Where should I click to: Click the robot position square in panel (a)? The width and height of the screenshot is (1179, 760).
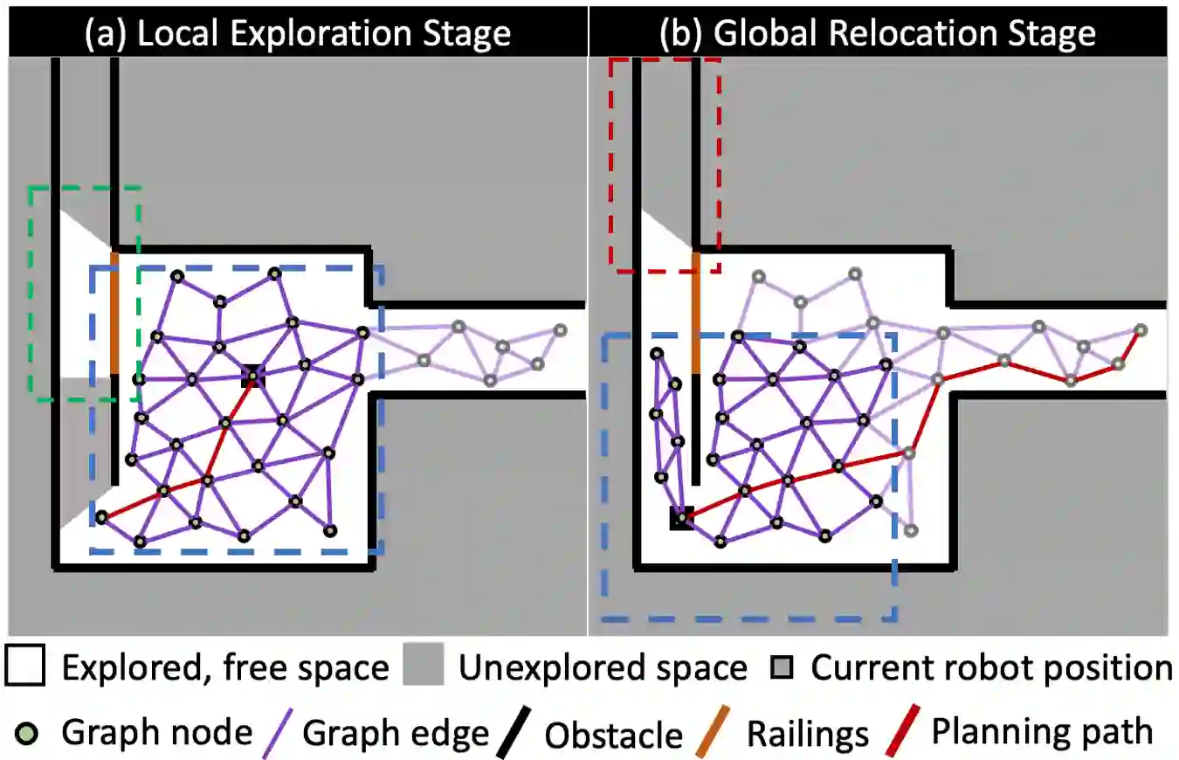tap(252, 376)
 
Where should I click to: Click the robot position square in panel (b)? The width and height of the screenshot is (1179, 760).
tap(681, 517)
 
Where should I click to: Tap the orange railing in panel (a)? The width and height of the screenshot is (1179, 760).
tap(114, 312)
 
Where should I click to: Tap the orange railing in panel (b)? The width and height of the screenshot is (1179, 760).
tap(695, 312)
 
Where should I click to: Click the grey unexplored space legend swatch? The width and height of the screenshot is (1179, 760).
tap(425, 668)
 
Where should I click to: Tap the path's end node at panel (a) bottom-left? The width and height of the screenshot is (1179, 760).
tap(101, 517)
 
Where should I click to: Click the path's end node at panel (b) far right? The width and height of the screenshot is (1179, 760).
tap(1140, 329)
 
